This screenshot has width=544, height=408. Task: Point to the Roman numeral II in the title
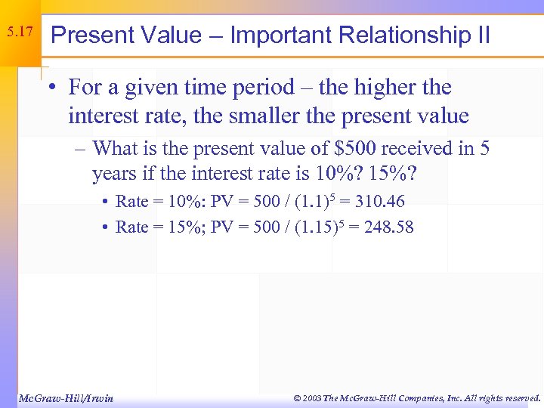tap(481, 35)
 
